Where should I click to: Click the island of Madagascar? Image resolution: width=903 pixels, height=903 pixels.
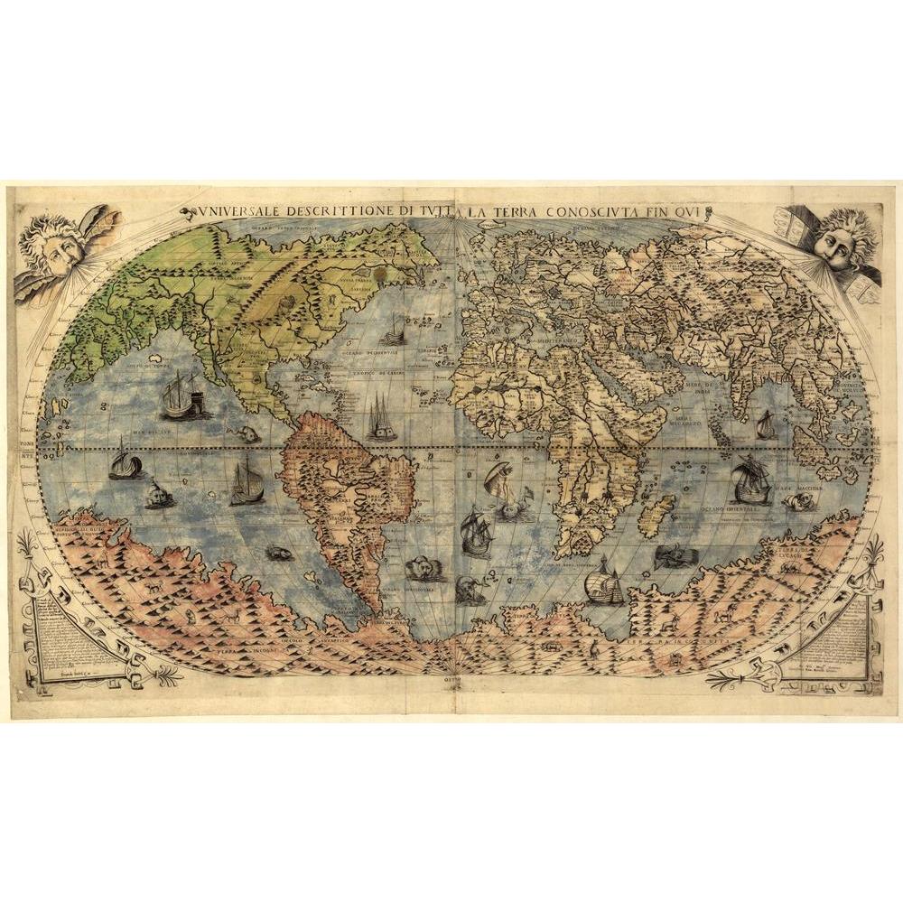click(656, 515)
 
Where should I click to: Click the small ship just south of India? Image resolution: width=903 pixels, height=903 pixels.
click(766, 424)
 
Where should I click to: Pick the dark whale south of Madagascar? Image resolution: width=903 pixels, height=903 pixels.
click(670, 556)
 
